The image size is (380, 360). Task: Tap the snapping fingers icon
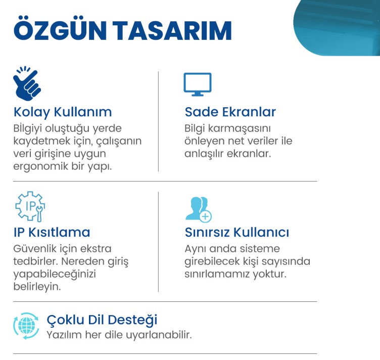tap(26, 81)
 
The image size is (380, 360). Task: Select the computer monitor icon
tap(197, 84)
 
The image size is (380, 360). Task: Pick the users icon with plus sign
tap(198, 208)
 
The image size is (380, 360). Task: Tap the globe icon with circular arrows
tap(26, 326)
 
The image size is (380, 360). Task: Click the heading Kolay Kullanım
tap(63, 112)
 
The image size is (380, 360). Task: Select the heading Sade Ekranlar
tap(230, 112)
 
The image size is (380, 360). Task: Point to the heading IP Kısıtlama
tap(52, 233)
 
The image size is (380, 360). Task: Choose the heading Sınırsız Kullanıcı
tap(237, 233)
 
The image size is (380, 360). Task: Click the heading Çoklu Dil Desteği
tap(102, 320)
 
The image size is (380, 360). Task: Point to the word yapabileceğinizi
tap(55, 275)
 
